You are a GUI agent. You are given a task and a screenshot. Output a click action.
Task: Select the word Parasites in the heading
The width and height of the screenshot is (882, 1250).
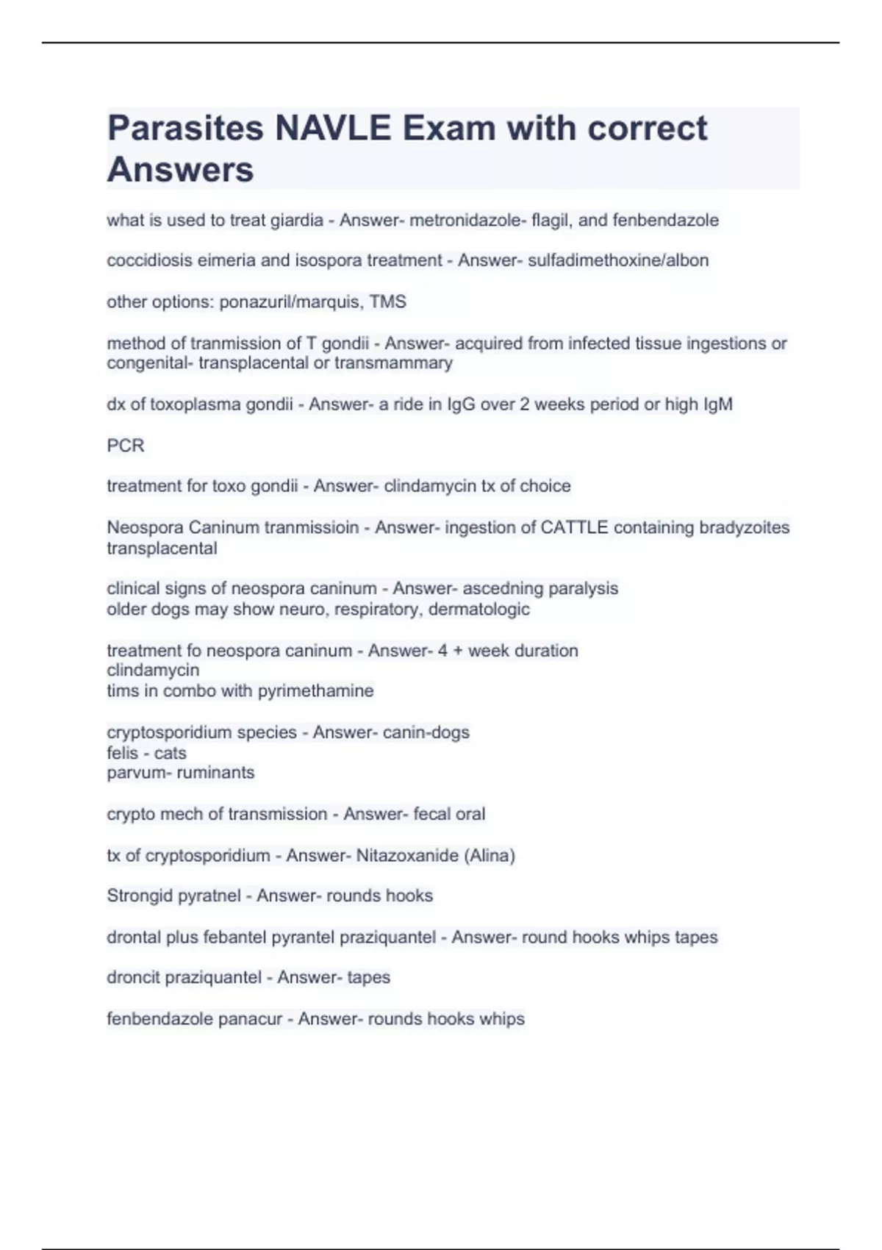click(185, 129)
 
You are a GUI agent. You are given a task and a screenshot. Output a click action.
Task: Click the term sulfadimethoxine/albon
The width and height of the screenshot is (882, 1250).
click(618, 260)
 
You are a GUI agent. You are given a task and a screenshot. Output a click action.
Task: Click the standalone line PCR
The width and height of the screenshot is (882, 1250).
click(126, 446)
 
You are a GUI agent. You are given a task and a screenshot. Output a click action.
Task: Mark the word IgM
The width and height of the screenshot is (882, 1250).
click(717, 404)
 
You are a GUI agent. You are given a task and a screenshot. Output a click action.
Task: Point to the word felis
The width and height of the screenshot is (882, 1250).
click(122, 753)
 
